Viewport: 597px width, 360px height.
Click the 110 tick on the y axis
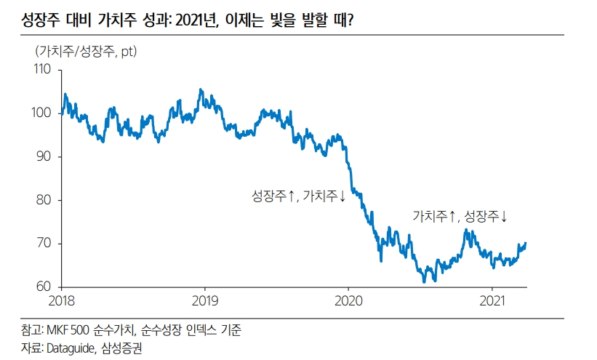tap(43, 70)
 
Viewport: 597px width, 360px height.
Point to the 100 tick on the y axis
tap(43, 113)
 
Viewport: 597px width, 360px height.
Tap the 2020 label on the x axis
tap(348, 300)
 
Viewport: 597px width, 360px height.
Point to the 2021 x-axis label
tap(493, 300)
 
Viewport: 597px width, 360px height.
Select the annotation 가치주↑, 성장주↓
tap(460, 216)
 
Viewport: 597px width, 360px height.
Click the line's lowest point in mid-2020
tap(424, 281)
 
